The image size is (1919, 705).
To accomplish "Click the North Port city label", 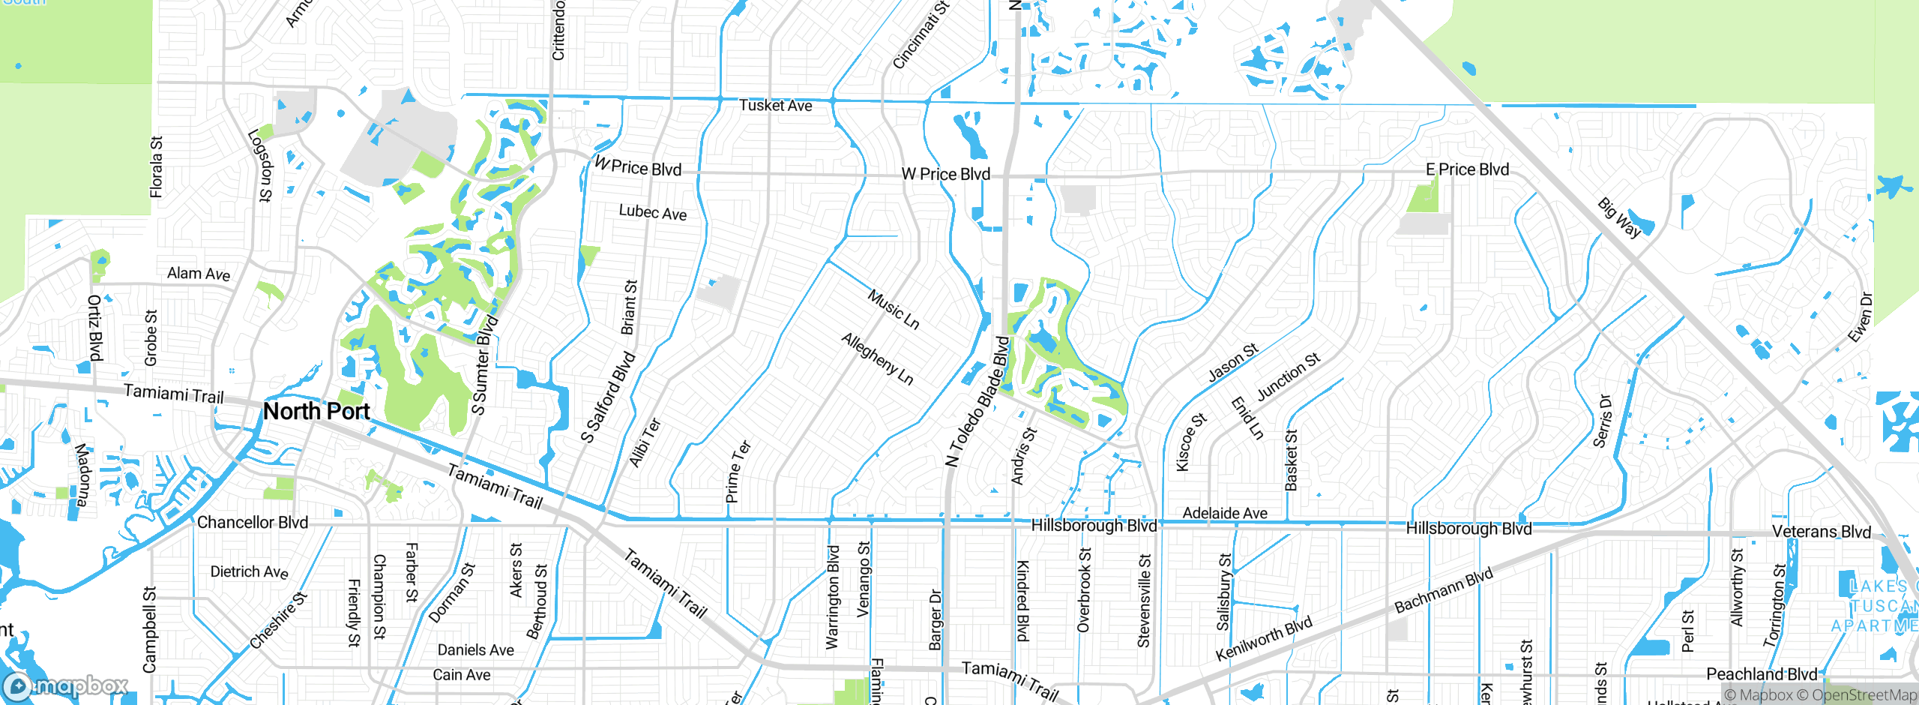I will tap(316, 411).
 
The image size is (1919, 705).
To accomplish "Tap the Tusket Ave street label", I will tap(775, 106).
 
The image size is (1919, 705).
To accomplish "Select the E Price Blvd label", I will tap(1467, 169).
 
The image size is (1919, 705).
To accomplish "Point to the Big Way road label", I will tap(1619, 217).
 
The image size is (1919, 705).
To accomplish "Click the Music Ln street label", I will tap(894, 309).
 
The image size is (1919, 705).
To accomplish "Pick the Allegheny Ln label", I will tap(877, 358).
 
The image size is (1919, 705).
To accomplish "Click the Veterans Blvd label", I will tap(1821, 532).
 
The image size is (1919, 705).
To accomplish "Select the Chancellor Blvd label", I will tap(253, 523).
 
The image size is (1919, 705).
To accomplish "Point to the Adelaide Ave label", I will tap(1225, 513).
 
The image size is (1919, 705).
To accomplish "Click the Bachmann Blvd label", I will tap(1444, 590).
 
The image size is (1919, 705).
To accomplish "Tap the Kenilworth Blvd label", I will tap(1264, 637).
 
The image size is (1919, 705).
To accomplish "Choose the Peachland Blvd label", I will tap(1761, 673).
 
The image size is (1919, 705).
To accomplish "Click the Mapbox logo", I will tap(66, 685).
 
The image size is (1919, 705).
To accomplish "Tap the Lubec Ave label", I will tap(652, 212).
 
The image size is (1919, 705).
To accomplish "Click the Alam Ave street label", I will tap(199, 274).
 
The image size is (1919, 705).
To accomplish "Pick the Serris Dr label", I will tap(1602, 421).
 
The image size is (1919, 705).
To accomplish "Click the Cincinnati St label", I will tap(921, 35).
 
